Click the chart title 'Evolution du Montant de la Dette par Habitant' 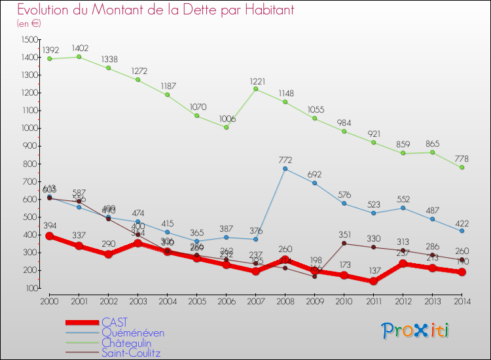point(156,10)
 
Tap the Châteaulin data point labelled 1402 point(79,57)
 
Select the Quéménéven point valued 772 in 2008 point(285,169)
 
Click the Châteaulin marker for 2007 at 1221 point(256,89)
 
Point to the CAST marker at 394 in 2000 point(49,236)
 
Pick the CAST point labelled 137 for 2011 point(374,281)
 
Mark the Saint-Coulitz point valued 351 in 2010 point(344,243)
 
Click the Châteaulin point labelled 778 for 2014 point(462,168)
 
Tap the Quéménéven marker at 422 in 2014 point(462,230)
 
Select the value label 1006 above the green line point(227,119)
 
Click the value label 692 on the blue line point(315,175)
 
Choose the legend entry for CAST point(115,322)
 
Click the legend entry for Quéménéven point(133,333)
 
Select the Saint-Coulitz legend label point(131,353)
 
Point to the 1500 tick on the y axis point(29,39)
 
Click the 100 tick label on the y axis point(31,288)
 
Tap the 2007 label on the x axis point(256,301)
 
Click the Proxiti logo point(416,331)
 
